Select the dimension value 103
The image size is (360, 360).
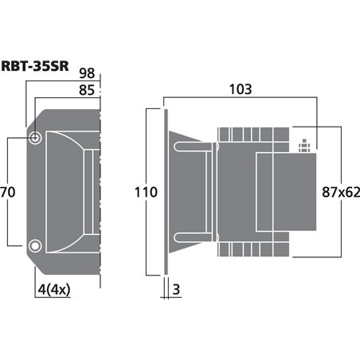(x=242, y=89)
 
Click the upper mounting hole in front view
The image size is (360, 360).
(x=36, y=139)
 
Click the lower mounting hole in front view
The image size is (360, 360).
(x=36, y=245)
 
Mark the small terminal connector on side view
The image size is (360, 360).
(x=302, y=146)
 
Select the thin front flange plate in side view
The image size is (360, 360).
(x=166, y=192)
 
